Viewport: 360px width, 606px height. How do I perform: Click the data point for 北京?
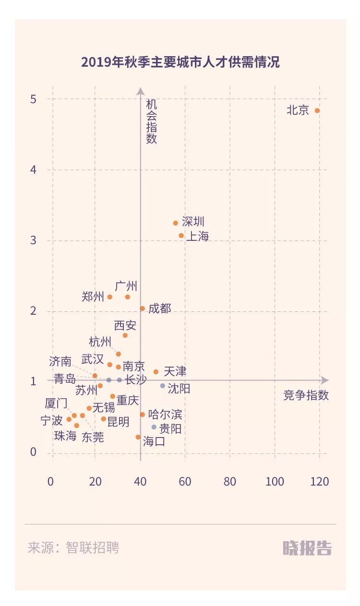(x=317, y=110)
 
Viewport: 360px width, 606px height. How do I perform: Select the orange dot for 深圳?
(x=176, y=223)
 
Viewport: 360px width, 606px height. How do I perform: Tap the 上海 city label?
(x=197, y=236)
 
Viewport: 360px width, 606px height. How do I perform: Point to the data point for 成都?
(x=143, y=309)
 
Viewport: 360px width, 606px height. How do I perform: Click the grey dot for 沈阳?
(x=163, y=386)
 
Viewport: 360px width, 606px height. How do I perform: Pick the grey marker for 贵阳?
(x=154, y=427)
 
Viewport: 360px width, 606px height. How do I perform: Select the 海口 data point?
(x=138, y=437)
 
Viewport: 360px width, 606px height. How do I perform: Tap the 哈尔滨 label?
(x=165, y=414)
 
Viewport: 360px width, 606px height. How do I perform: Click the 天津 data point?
(x=156, y=372)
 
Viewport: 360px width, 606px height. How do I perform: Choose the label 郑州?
(x=93, y=297)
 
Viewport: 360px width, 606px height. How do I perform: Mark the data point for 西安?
(x=125, y=335)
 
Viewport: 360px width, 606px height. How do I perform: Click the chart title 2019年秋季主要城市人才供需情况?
(x=180, y=62)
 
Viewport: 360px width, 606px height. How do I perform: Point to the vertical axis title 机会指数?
(x=152, y=122)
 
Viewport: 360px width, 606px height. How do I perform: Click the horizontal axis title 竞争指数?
(x=306, y=395)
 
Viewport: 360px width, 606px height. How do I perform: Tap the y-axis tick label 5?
(x=33, y=99)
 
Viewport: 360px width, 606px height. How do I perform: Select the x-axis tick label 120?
(x=320, y=481)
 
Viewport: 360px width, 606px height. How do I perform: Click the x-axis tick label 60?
(x=185, y=481)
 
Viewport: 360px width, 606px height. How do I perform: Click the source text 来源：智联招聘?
(x=73, y=548)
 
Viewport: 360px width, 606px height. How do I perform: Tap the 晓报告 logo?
(x=307, y=548)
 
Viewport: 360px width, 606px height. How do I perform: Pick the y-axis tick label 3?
(x=33, y=240)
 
